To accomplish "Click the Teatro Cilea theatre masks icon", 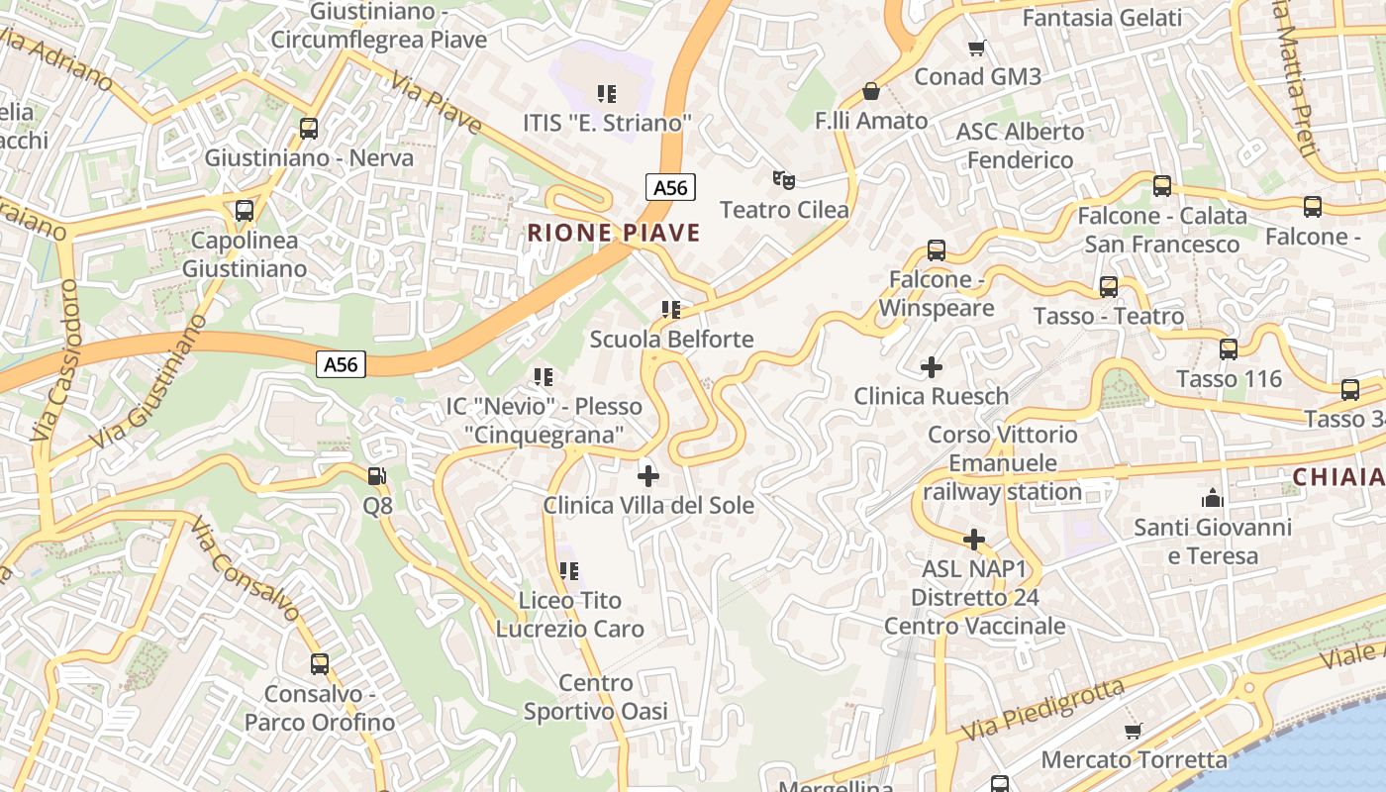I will pos(784,179).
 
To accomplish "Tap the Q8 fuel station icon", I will pos(377,476).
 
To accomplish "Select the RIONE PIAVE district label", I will pos(614,234).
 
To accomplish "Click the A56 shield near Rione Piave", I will pos(670,186).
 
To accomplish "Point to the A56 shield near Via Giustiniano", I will pos(342,364).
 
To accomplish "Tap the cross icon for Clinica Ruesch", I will pos(932,367).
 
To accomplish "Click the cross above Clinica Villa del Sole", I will pos(648,476).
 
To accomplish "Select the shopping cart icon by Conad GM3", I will pos(977,48).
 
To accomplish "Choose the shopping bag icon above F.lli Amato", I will pos(871,92).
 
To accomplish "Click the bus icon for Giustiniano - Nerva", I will pos(309,129).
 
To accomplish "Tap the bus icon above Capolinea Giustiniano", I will pos(245,211).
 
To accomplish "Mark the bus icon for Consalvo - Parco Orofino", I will pos(319,664).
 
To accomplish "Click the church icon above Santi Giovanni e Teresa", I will pos(1213,498).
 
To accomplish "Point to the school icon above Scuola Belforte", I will pos(671,310).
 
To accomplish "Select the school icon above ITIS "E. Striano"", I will pos(607,94).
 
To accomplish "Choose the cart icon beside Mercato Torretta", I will pos(1134,731).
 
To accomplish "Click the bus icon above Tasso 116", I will pos(1229,349).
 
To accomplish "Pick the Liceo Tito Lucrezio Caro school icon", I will pos(569,571).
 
